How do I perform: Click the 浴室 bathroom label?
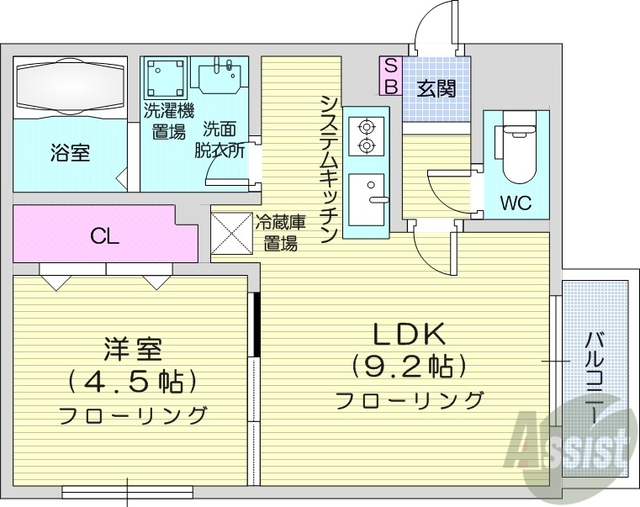coord(70,153)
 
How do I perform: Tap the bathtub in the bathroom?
coord(70,86)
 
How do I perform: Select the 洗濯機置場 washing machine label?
coord(168,120)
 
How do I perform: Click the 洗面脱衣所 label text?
coord(220,140)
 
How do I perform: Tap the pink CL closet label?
coord(105,236)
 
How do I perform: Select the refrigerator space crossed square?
coord(232,233)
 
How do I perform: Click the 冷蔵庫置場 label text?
coord(279,234)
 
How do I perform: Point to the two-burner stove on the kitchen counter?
coord(366,136)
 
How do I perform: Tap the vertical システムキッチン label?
coord(329,168)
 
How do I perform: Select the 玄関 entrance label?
coord(436,87)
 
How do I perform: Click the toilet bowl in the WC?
coord(516,152)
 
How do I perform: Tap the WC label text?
coord(516,203)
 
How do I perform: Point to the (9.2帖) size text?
coord(408,367)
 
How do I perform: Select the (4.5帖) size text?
coord(132,381)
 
